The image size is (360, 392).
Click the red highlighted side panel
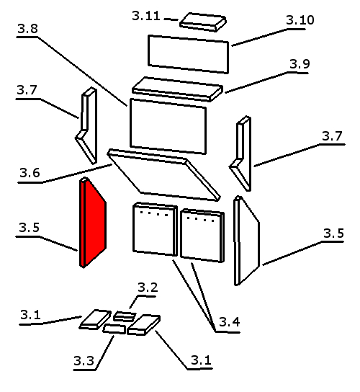(x=93, y=223)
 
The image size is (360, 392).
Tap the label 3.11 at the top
(x=146, y=16)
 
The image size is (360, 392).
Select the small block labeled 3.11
(x=203, y=22)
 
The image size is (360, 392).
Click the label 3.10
(x=300, y=20)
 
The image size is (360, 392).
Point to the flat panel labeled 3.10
(x=188, y=54)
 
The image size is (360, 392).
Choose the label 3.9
(x=300, y=64)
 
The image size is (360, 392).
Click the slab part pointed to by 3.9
(x=177, y=89)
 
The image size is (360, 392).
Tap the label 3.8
(x=28, y=29)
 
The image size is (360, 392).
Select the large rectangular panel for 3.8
(x=168, y=126)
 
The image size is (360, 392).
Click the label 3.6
(x=30, y=173)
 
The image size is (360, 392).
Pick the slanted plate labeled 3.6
(x=164, y=175)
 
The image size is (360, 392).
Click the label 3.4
(x=230, y=322)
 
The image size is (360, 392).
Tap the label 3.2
(x=148, y=288)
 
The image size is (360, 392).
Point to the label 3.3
(x=84, y=360)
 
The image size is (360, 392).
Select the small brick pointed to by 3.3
(x=114, y=329)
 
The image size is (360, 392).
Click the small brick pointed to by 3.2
(x=125, y=316)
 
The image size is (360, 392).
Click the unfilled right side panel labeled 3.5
(x=247, y=241)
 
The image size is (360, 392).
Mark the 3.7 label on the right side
(x=332, y=136)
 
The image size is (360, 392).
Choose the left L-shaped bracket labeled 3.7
(x=86, y=125)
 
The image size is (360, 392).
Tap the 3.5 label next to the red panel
(x=30, y=228)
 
